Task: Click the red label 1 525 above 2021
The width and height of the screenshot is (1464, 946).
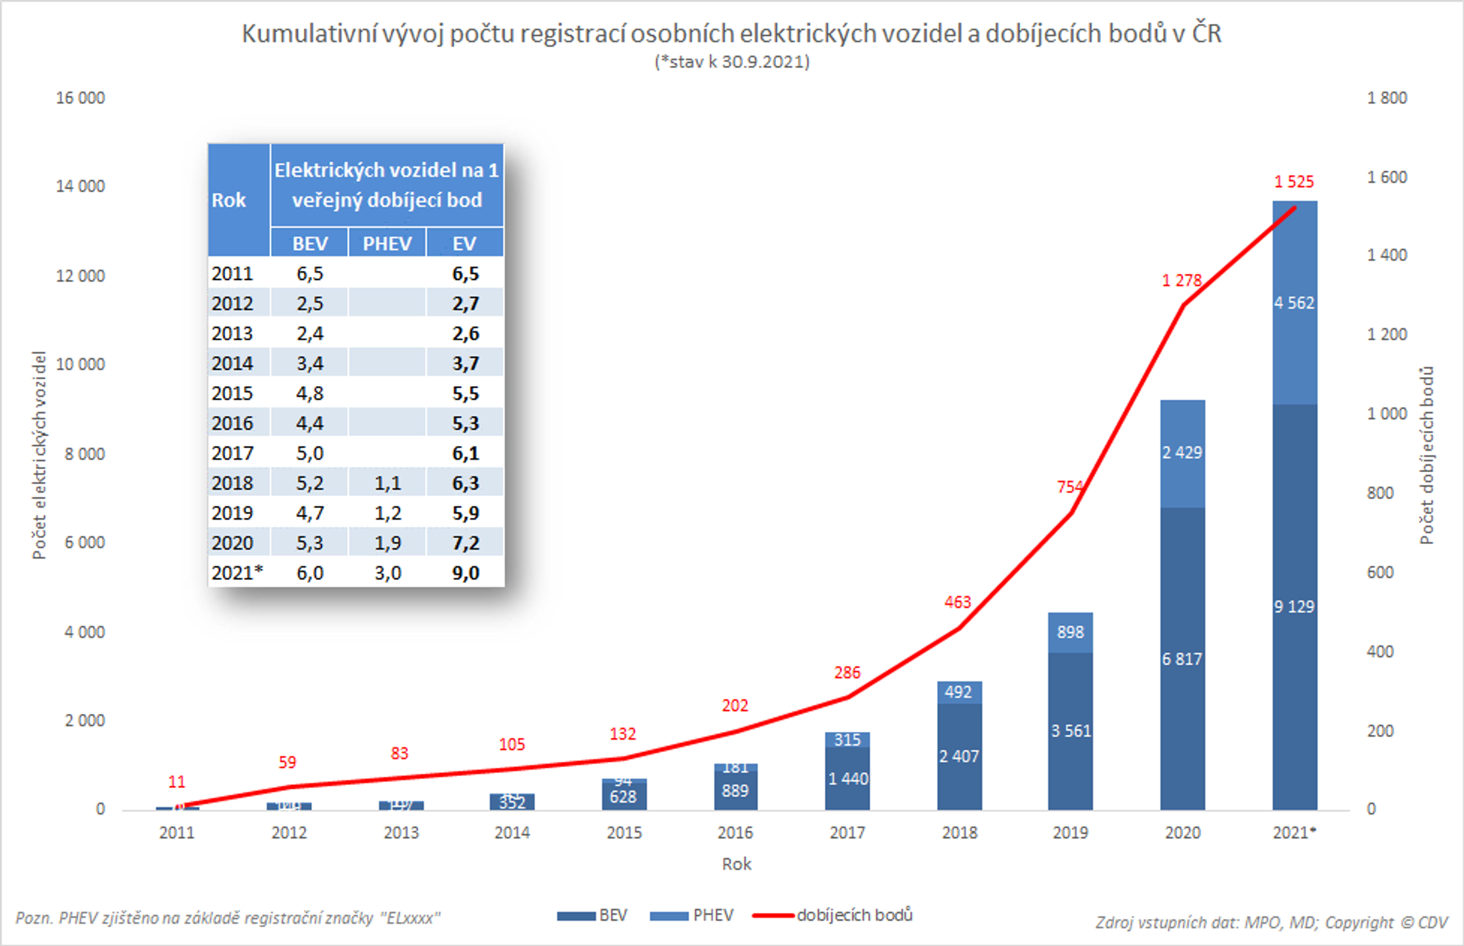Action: pyautogui.click(x=1293, y=182)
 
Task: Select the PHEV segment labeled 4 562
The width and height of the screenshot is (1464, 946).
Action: pyautogui.click(x=1294, y=303)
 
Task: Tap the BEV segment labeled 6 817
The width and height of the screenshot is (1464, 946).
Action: pyautogui.click(x=1182, y=659)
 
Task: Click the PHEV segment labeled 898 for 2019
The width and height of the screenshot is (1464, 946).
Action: pyautogui.click(x=1070, y=632)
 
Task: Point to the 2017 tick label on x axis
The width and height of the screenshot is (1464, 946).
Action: pyautogui.click(x=847, y=833)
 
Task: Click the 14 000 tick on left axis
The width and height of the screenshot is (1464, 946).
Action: pyautogui.click(x=81, y=186)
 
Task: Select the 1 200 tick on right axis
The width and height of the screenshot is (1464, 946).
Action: pyautogui.click(x=1387, y=335)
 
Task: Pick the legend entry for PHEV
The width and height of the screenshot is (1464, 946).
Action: pyautogui.click(x=692, y=916)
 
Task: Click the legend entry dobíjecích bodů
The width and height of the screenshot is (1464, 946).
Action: pyautogui.click(x=854, y=916)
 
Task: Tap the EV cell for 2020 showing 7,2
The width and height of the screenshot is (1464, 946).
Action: pyautogui.click(x=465, y=543)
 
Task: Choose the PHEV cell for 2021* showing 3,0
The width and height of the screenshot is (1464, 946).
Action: pyautogui.click(x=388, y=573)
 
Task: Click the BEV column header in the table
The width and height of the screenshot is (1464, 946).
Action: pyautogui.click(x=310, y=244)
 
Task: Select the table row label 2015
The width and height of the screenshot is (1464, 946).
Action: pyautogui.click(x=232, y=393)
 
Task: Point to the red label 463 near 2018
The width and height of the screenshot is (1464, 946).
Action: pyautogui.click(x=957, y=602)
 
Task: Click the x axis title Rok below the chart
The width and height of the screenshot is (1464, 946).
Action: pyautogui.click(x=736, y=864)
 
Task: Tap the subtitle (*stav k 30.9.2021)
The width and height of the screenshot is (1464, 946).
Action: pyautogui.click(x=731, y=62)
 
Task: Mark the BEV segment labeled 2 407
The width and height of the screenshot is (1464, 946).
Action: pyautogui.click(x=958, y=757)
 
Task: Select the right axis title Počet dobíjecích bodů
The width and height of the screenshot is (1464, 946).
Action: pyautogui.click(x=1426, y=455)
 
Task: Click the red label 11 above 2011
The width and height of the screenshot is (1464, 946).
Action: pyautogui.click(x=176, y=782)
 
